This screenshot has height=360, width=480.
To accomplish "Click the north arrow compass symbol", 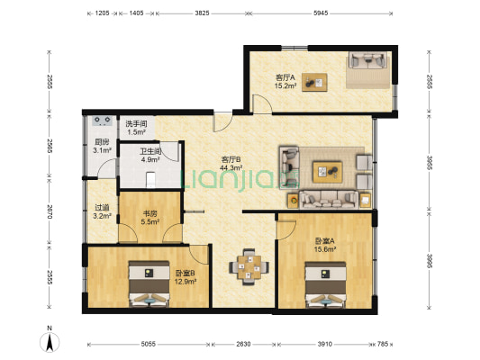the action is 50,342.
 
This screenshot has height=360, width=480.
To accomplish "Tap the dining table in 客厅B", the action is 249,267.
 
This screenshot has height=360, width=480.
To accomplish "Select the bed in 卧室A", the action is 326,284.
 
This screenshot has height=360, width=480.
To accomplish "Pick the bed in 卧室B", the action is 149,283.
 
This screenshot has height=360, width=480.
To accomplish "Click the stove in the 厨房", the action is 103,121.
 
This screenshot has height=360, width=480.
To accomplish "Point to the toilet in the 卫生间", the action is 150,180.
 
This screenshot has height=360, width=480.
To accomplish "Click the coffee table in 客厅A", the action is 314,82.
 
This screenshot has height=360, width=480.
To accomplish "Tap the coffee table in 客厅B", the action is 327,172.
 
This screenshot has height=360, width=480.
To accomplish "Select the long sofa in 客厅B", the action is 329,200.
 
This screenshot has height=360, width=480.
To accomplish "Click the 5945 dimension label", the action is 321,13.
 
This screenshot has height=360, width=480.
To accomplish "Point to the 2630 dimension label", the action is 243,344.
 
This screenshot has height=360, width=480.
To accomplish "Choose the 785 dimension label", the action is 383,344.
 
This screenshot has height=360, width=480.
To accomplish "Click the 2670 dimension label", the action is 50,211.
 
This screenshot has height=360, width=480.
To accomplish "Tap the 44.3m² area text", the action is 231,167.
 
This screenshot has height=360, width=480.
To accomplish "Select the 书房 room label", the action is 151,213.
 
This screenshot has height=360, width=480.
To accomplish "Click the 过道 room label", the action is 102,207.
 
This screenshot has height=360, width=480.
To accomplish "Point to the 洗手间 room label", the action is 137,124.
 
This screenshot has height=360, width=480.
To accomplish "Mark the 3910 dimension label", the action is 324,344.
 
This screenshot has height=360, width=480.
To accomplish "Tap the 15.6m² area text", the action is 325,249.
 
